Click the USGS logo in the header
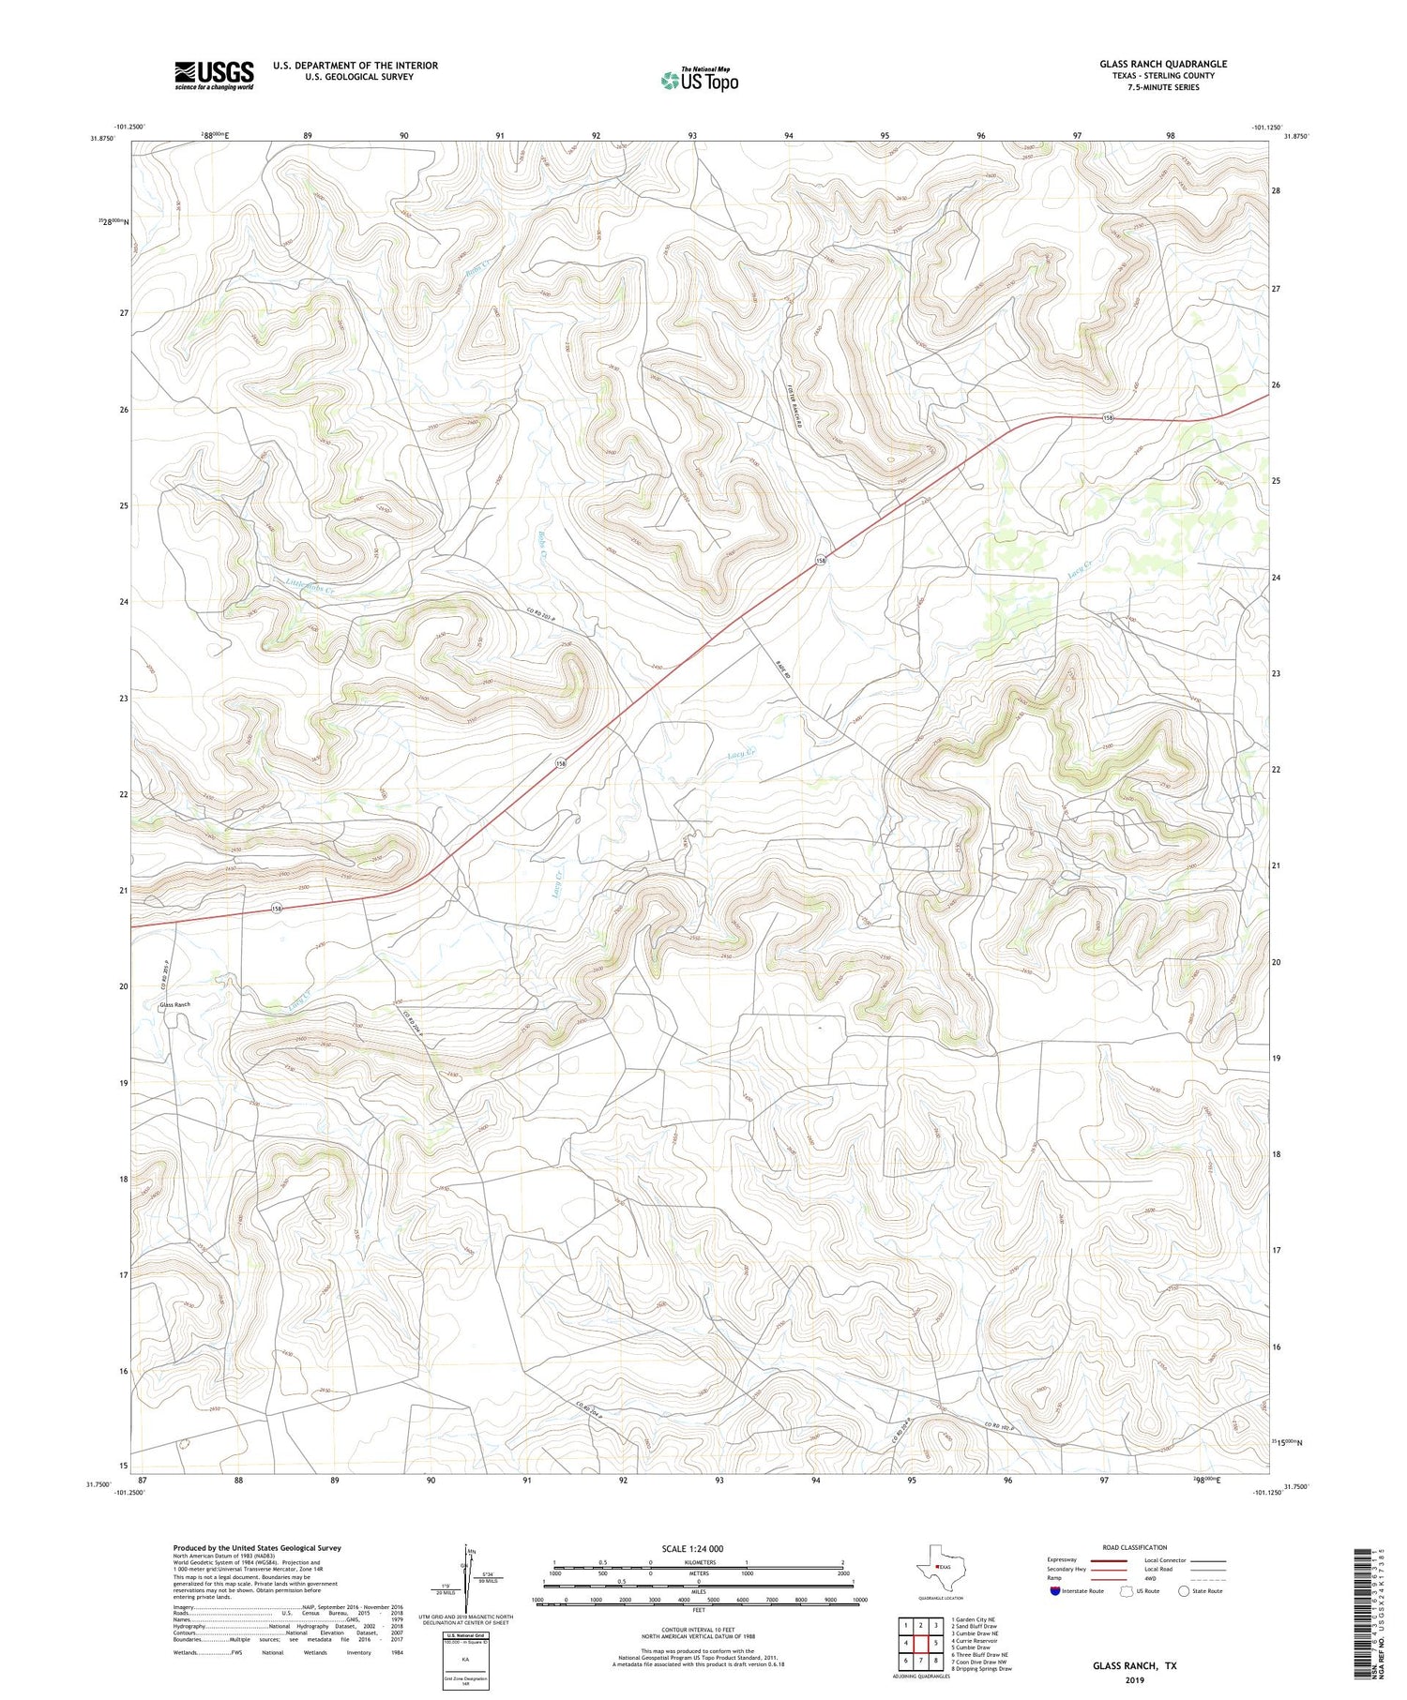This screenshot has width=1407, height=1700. point(214,75)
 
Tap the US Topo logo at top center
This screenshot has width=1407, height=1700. point(699,81)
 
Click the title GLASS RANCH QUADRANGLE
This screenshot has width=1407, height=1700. point(1162,64)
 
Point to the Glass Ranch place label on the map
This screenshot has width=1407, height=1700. point(175,1004)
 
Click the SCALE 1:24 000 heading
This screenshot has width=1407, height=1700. point(692,1548)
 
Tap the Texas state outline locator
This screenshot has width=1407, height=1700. point(936,1567)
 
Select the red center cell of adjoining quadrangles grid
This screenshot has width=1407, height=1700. point(920,1643)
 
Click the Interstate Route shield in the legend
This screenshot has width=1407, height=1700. point(1055,1591)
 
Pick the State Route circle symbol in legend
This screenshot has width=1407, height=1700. point(1184,1591)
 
